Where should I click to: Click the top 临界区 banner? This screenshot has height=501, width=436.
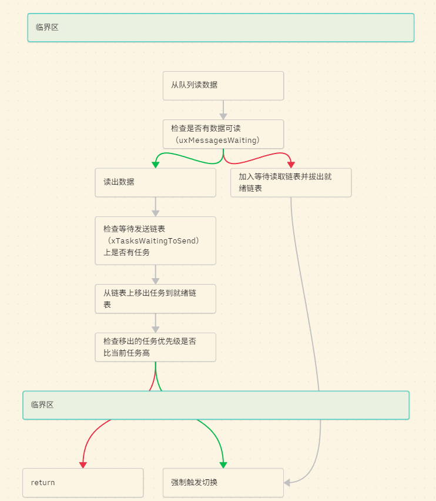pos(220,28)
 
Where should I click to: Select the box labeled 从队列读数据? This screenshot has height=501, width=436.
pos(223,85)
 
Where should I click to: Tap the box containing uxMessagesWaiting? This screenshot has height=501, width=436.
pos(223,134)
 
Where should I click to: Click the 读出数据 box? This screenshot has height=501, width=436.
pos(156,182)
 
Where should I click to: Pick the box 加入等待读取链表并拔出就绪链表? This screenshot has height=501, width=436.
pos(291,182)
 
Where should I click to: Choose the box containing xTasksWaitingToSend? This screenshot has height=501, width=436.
pos(156,241)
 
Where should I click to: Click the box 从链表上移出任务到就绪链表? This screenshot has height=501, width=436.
pos(156,299)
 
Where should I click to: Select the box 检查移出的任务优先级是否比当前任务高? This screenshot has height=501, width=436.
pos(156,347)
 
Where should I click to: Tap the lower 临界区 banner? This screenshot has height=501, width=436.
pos(216,405)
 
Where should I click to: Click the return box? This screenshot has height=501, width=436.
pos(83,483)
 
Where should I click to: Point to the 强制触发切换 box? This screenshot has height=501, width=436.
pos(223,483)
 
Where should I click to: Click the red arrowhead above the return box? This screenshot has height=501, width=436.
pos(83,464)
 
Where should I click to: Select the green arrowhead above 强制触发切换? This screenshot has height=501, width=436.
pos(223,464)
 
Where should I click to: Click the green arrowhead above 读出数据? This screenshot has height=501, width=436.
pos(156,164)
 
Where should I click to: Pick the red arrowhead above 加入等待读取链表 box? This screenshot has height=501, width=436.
pos(291,164)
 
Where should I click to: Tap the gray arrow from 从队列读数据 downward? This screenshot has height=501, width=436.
pos(223,110)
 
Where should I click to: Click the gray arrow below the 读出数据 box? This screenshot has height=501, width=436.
pos(156,206)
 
